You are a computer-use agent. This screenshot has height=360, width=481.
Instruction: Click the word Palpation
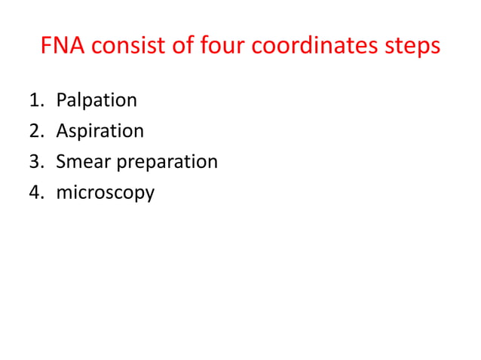point(97,101)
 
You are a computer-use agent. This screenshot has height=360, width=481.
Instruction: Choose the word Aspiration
point(100,132)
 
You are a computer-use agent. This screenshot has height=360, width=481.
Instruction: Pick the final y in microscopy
point(149,196)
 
